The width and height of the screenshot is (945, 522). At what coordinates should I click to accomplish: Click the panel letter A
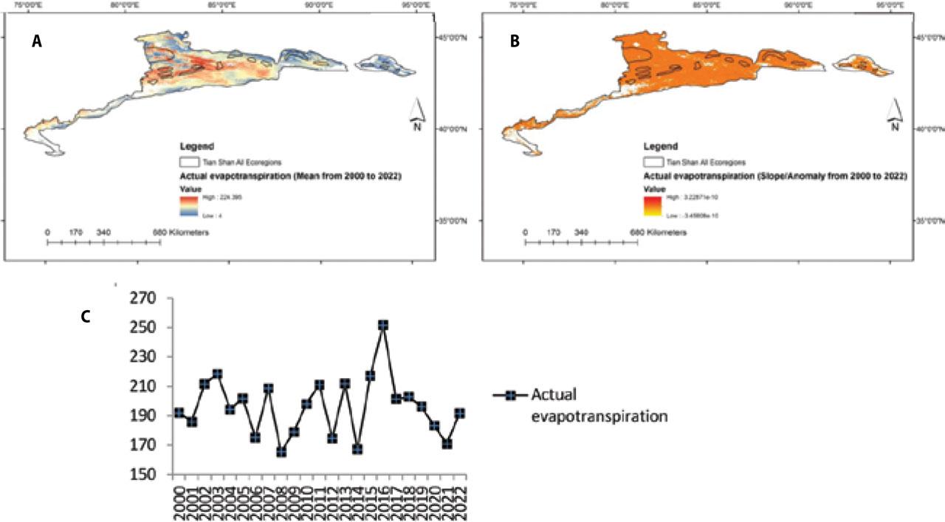click(x=36, y=43)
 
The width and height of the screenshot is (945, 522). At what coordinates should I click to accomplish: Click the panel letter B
click(x=515, y=43)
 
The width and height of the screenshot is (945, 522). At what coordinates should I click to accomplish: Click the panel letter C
click(x=86, y=316)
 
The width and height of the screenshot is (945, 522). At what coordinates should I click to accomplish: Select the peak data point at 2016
click(x=383, y=325)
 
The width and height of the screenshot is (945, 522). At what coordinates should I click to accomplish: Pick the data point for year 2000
click(x=179, y=413)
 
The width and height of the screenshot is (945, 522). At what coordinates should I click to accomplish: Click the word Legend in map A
click(x=196, y=146)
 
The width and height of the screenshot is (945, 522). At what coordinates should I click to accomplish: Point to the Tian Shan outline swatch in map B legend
click(x=653, y=162)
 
